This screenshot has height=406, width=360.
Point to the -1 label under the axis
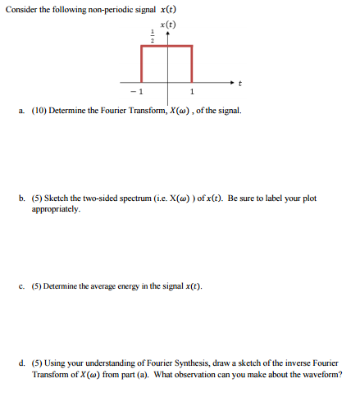[139, 91]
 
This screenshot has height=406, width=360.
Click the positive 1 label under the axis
[193, 91]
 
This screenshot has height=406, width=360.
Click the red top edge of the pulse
[167, 47]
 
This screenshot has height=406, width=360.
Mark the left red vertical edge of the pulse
[143, 64]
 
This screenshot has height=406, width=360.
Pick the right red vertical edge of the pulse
[193, 64]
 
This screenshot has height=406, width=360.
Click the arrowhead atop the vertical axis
[170, 35]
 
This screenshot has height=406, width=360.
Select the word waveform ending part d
[321, 374]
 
